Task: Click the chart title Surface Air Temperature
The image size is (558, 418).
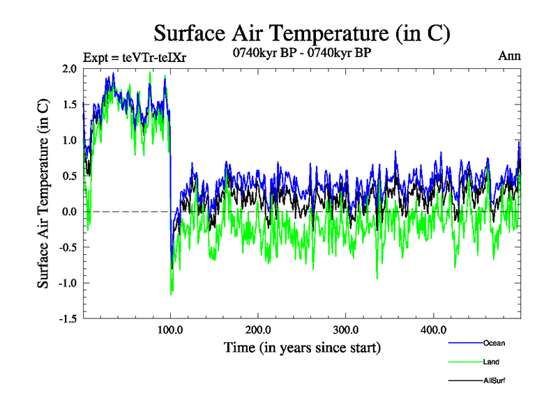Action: [301, 32]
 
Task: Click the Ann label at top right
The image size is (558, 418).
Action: [510, 55]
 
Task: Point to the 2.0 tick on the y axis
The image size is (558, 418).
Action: [68, 68]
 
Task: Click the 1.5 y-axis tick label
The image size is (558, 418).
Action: [68, 104]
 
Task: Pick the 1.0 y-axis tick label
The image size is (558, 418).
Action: [68, 140]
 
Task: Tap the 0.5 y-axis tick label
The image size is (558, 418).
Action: [68, 176]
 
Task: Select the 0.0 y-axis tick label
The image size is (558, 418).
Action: [68, 212]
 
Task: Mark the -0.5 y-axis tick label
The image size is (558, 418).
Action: [66, 247]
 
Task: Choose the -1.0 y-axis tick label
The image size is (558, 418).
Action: [66, 283]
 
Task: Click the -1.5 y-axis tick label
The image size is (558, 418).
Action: [66, 319]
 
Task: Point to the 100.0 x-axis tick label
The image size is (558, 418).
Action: [171, 330]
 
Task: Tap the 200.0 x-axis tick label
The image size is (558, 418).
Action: [259, 330]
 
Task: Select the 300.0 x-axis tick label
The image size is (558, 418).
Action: [346, 330]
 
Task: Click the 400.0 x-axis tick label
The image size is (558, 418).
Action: [434, 330]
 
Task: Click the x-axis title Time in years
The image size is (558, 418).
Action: [302, 347]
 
